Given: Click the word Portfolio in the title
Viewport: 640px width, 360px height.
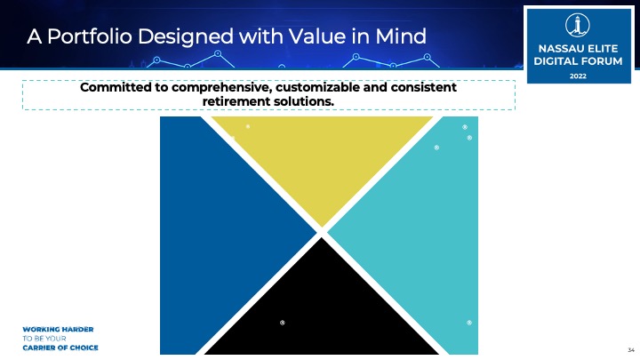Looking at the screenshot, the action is pos(90,36).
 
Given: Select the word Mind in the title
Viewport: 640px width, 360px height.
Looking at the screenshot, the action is pos(400,36).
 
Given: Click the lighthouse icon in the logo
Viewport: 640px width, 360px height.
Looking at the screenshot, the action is pos(577,25).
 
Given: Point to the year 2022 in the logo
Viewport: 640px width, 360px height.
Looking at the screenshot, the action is pos(578,76).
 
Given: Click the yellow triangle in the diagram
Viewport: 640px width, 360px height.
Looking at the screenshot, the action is pos(322,159).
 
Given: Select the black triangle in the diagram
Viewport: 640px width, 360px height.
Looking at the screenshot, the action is pos(322,310).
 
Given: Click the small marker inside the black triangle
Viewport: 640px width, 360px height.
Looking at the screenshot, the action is pos(282,323).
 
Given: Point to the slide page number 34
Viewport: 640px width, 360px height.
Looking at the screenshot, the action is pos(631,350).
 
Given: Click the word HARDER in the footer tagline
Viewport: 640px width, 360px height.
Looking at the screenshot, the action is pos(77,329).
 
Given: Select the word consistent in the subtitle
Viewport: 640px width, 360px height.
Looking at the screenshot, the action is pos(423,87).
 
